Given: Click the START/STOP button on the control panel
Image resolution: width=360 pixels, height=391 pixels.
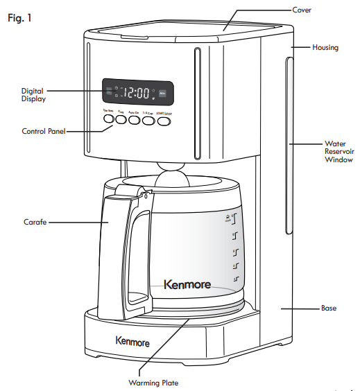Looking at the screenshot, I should [x=164, y=121].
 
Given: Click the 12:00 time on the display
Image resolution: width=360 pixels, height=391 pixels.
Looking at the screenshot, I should [x=137, y=92].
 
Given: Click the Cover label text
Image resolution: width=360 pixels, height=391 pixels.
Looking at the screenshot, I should [x=302, y=10].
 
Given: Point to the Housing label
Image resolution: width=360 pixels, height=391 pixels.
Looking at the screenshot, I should [x=325, y=48].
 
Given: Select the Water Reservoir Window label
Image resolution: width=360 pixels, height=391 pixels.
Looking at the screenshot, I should [x=338, y=150].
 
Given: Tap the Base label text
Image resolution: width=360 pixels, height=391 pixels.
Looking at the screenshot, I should [x=329, y=308].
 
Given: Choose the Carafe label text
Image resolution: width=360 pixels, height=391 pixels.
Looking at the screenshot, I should [x=34, y=223].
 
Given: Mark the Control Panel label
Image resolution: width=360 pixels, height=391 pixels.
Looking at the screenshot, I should [x=43, y=131].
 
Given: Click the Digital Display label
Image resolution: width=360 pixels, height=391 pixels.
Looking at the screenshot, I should [x=33, y=95].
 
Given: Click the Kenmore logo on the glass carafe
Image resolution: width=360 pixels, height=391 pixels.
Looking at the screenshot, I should [x=187, y=284].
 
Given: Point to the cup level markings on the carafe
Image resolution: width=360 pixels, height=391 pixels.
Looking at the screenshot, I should [x=235, y=247].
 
